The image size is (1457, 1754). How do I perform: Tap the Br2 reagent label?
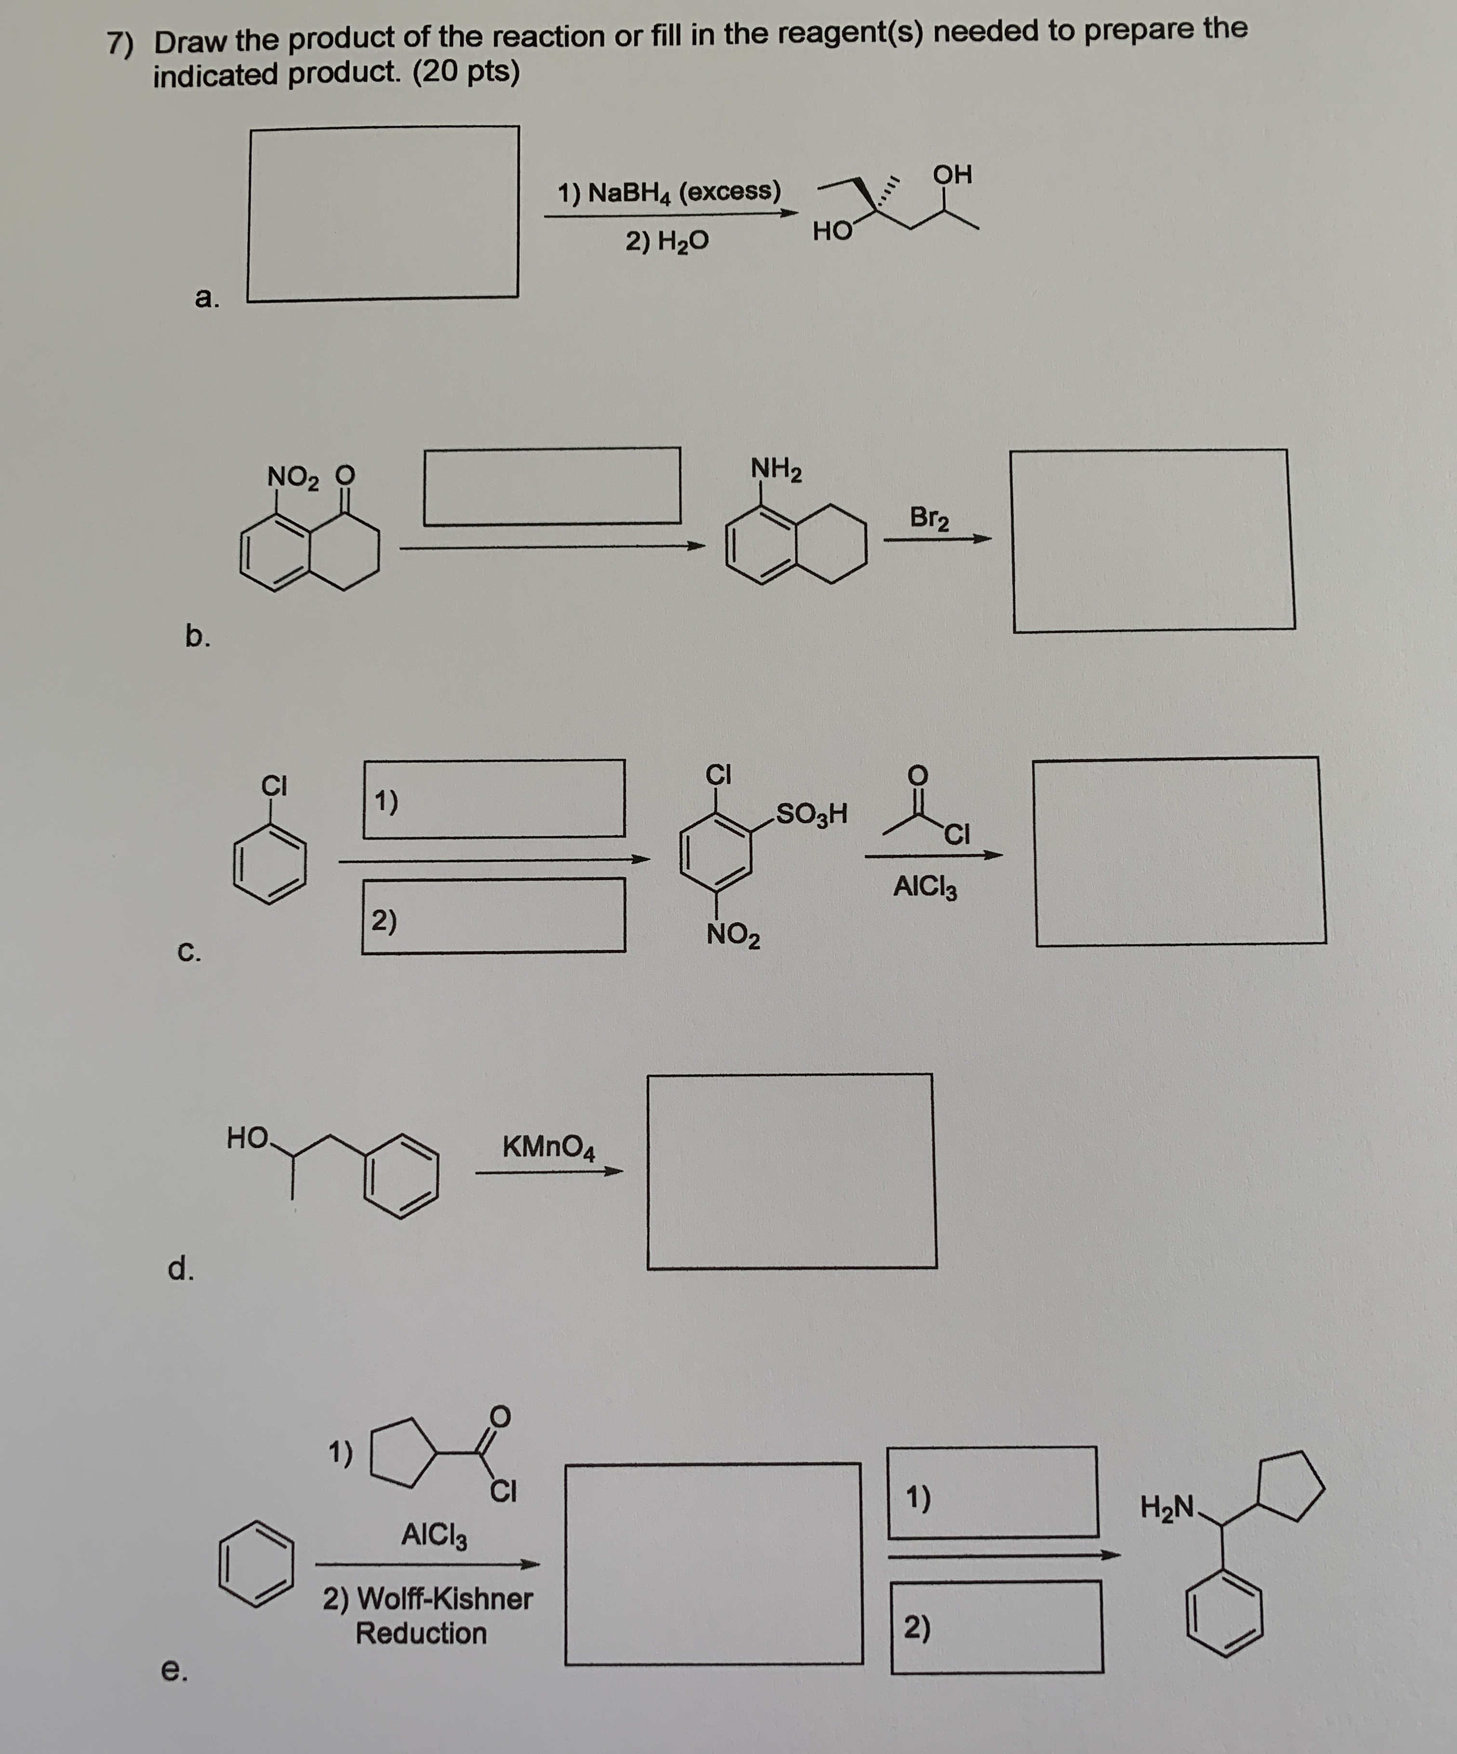[929, 518]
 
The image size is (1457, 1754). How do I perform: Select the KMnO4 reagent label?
[549, 1147]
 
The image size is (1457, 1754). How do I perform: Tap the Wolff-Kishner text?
[427, 1598]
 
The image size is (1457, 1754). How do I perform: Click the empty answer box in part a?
[383, 127]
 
